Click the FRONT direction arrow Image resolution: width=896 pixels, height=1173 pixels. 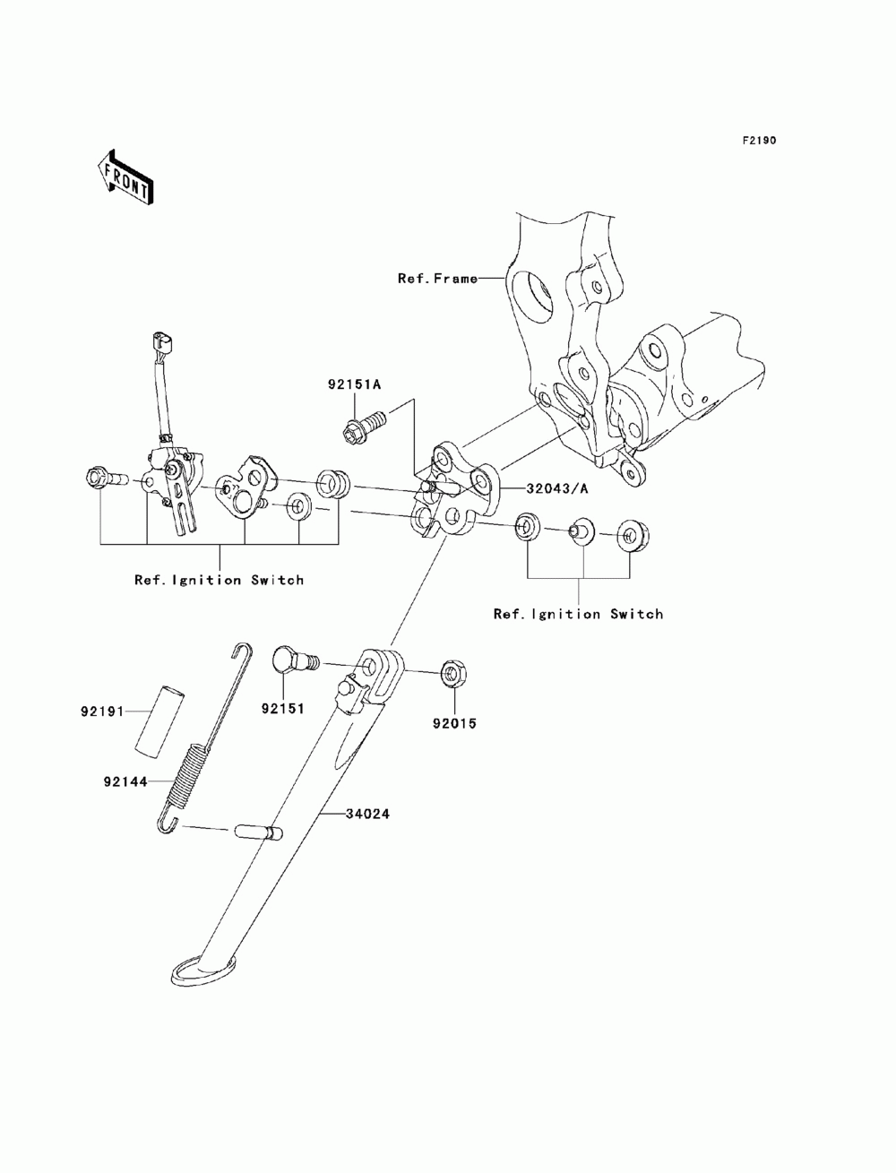[125, 177]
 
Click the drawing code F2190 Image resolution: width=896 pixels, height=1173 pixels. [759, 141]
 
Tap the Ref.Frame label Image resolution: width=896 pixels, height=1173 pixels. [437, 279]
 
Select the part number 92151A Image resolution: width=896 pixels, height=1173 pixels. [354, 384]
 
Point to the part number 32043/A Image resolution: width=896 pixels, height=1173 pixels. [556, 488]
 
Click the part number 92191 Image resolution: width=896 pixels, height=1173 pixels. [102, 712]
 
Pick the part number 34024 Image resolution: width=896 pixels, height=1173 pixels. [367, 814]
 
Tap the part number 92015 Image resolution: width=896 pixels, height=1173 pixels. [454, 723]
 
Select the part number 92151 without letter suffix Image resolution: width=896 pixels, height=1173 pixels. [282, 709]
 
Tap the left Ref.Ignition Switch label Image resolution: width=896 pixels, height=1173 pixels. [219, 580]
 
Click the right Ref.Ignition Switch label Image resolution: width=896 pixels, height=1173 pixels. [578, 614]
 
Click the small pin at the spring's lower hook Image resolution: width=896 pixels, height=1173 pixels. [259, 832]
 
